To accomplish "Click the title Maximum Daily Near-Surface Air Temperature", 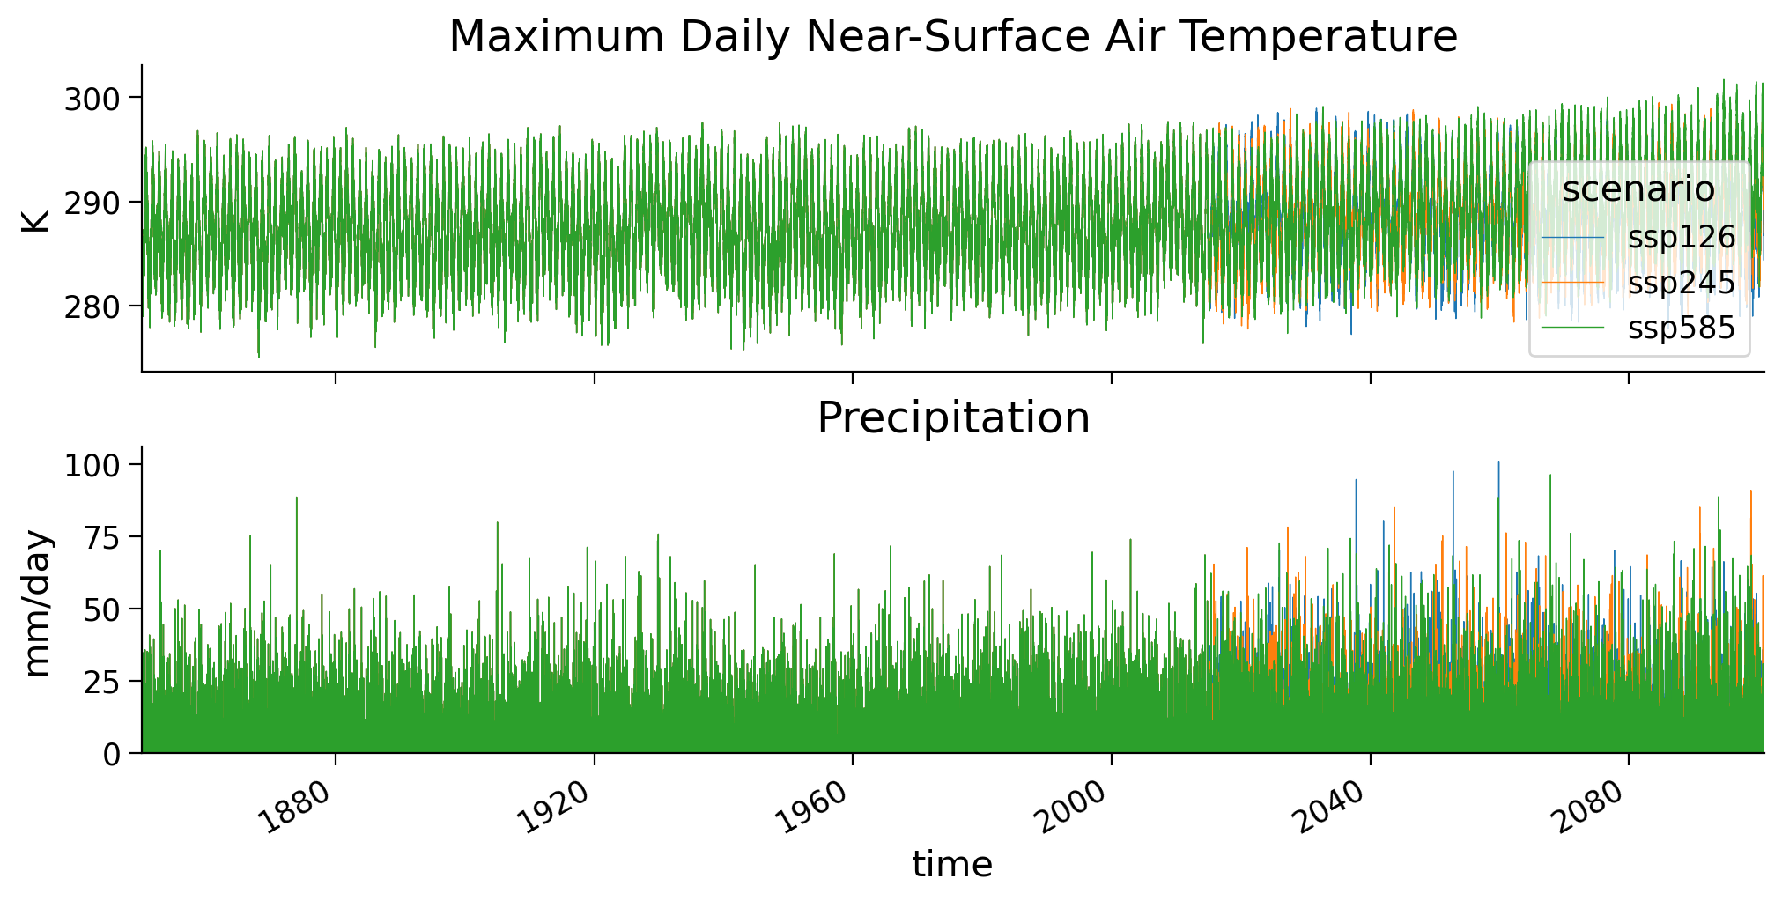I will click(953, 37).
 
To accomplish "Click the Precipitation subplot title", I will click(953, 417).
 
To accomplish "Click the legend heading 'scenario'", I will click(1638, 189).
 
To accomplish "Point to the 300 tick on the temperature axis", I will click(92, 99).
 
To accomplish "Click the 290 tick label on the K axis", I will click(92, 203).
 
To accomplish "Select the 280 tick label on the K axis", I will click(92, 307).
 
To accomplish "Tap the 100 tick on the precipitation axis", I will click(92, 465).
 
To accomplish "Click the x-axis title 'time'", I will click(952, 865).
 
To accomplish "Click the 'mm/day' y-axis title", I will click(38, 602).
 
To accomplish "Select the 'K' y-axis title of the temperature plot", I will click(38, 218).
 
